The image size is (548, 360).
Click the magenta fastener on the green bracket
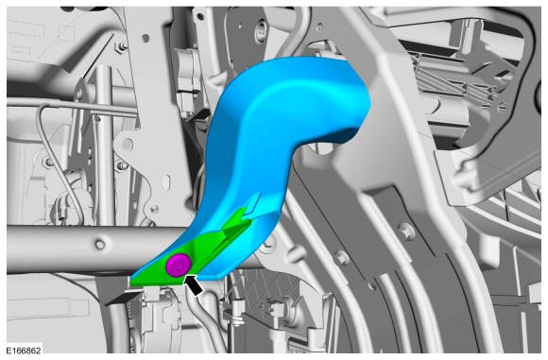179,266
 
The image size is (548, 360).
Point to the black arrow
194,284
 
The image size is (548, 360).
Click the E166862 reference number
24,351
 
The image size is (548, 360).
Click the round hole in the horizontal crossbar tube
100,245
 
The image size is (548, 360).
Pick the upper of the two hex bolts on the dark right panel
405,231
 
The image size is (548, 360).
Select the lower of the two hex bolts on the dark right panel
341,258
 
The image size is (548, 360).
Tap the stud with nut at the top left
123,45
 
